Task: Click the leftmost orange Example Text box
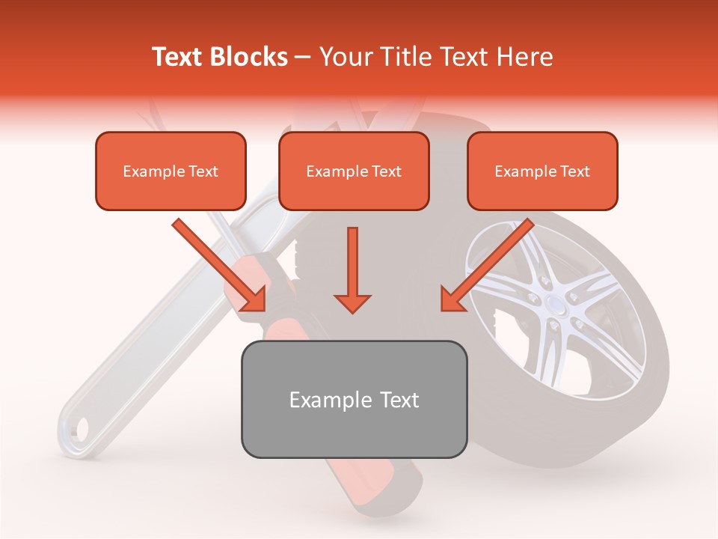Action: click(x=171, y=171)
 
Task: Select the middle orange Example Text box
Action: click(x=354, y=171)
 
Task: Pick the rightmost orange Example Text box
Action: click(x=542, y=171)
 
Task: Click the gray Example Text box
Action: click(x=354, y=399)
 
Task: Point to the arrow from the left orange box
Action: click(x=220, y=266)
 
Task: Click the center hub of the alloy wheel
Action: click(x=554, y=304)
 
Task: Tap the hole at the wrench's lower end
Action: click(x=80, y=427)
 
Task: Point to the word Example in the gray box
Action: click(x=322, y=400)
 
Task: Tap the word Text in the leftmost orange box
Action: click(x=203, y=171)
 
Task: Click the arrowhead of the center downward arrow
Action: click(x=352, y=302)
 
